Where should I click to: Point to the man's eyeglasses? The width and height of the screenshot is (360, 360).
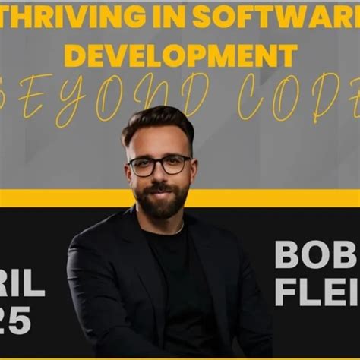pos(159,165)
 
